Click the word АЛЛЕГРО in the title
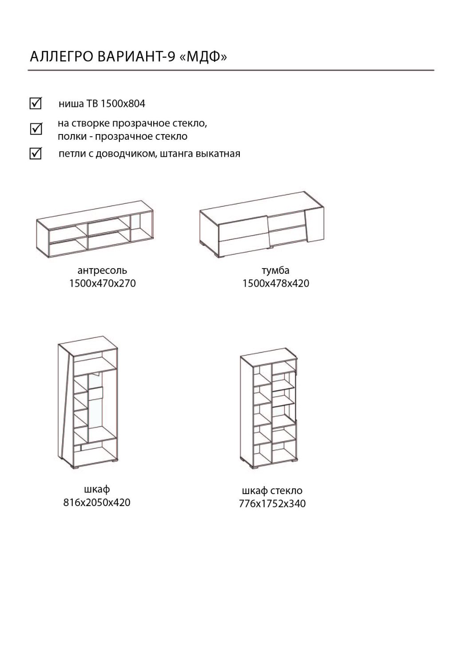[62, 57]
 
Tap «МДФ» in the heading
[203, 57]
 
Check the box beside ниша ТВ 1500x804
[36, 103]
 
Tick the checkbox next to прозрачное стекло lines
[36, 129]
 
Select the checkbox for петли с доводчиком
[36, 154]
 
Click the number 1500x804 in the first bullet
[123, 104]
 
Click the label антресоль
[102, 270]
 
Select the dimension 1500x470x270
[102, 283]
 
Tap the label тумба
[275, 270]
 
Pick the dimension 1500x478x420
[275, 283]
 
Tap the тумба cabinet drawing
[262, 224]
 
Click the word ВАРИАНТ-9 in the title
[136, 57]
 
